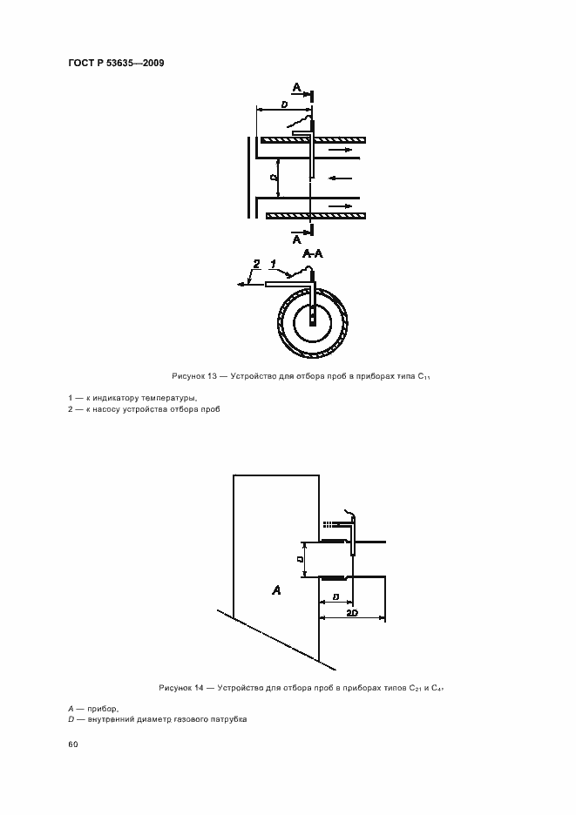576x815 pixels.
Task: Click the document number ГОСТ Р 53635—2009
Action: tap(116, 64)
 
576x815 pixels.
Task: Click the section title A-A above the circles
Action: tap(312, 253)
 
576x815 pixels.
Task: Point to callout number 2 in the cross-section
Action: tap(255, 263)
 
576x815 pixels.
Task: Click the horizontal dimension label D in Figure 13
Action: tap(285, 104)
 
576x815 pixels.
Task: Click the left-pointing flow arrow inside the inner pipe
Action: tap(340, 180)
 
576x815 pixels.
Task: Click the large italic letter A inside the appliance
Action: tap(276, 589)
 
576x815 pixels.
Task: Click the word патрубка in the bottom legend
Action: tap(228, 720)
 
